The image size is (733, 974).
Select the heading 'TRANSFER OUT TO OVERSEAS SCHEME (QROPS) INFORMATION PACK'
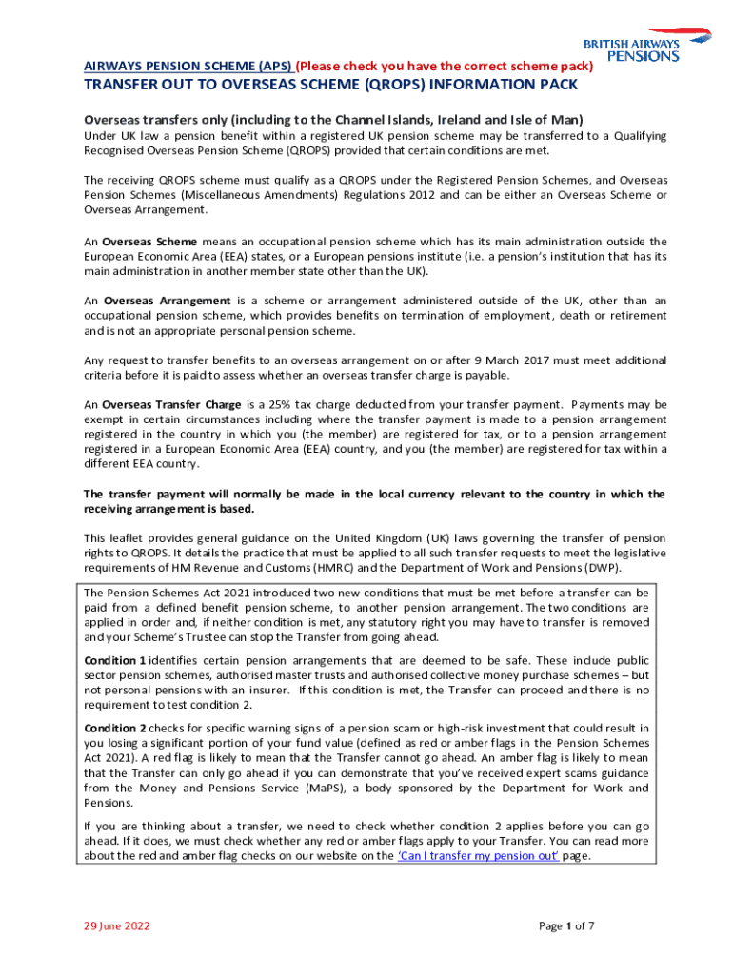[x=330, y=86]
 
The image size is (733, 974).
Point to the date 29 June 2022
[x=116, y=925]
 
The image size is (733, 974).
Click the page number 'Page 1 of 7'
[x=566, y=925]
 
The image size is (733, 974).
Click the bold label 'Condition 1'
[x=115, y=660]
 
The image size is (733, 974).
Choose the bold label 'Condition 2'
[x=115, y=728]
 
